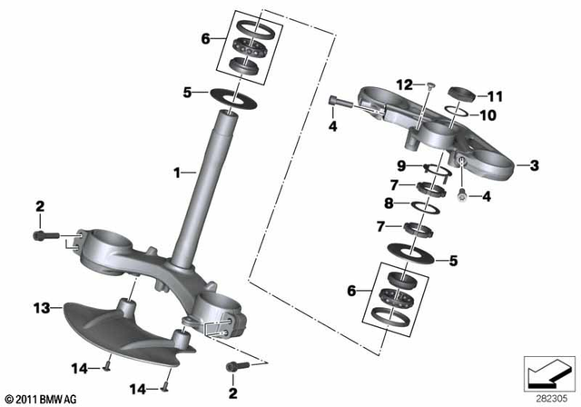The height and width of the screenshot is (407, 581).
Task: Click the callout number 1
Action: click(x=178, y=170)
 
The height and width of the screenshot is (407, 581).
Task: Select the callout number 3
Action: click(x=534, y=165)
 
